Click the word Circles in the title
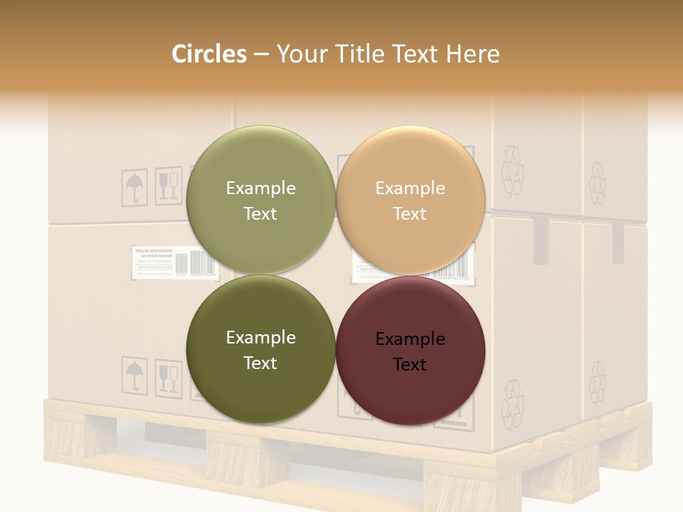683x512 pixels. pyautogui.click(x=209, y=54)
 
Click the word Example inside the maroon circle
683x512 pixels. pyautogui.click(x=410, y=339)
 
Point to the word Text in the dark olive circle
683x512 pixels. pyautogui.click(x=260, y=363)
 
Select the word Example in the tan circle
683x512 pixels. pyautogui.click(x=410, y=188)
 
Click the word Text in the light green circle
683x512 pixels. pyautogui.click(x=260, y=213)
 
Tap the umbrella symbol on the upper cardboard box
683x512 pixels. pyautogui.click(x=134, y=188)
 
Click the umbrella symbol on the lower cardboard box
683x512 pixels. pyautogui.click(x=134, y=374)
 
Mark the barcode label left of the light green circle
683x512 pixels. pyautogui.click(x=159, y=262)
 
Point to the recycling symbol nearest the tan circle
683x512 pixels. pyautogui.click(x=512, y=171)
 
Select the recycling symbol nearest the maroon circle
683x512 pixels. pyautogui.click(x=512, y=405)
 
